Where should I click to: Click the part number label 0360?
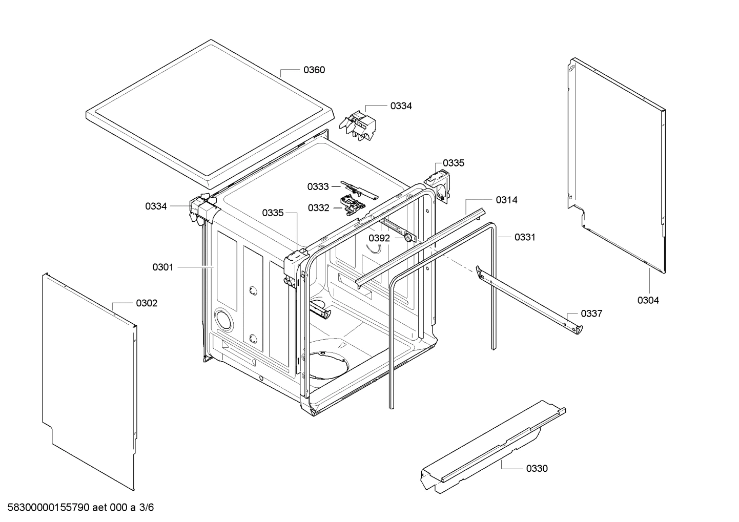point(314,70)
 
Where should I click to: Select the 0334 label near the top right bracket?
point(401,106)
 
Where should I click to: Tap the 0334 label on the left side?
point(156,206)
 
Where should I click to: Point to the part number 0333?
point(318,187)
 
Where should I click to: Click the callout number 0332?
point(318,208)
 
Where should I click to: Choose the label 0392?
point(379,238)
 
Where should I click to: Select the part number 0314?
point(506,200)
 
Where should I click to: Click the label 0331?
point(525,237)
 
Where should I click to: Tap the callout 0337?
point(591,314)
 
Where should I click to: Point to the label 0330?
point(537,468)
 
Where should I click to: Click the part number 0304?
point(648,301)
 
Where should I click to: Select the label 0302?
point(147,303)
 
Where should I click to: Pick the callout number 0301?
point(163,267)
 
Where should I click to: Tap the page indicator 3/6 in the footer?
point(147,508)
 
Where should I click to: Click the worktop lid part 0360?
point(210,113)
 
